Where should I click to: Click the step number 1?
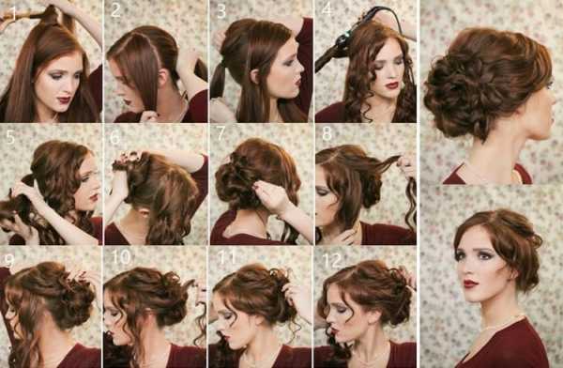click(x=13, y=12)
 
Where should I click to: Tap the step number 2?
click(x=115, y=10)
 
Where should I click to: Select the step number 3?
click(x=221, y=11)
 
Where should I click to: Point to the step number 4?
click(x=327, y=9)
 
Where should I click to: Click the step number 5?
click(x=10, y=136)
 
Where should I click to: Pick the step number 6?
click(x=114, y=138)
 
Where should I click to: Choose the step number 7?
click(x=221, y=133)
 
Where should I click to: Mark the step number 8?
click(x=327, y=133)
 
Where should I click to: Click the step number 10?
click(x=121, y=257)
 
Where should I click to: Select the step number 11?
click(x=227, y=257)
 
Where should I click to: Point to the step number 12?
click(x=332, y=261)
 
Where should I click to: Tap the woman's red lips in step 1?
click(x=64, y=99)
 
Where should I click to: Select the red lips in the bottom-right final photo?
click(x=470, y=284)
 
